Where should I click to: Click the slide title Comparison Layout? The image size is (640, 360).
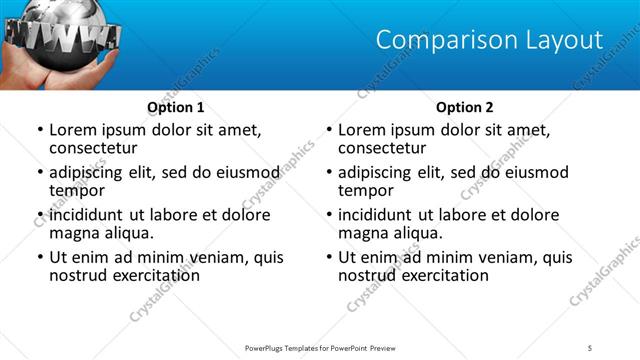(x=489, y=40)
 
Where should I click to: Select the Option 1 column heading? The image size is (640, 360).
(x=176, y=107)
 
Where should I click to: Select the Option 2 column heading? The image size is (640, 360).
(x=465, y=107)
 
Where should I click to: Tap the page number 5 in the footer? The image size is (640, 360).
(x=589, y=347)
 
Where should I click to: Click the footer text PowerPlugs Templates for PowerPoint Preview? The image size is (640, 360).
(x=319, y=347)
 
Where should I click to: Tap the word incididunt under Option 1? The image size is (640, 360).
(x=90, y=215)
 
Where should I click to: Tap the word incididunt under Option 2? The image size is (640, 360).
(x=379, y=215)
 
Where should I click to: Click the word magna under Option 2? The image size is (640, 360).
(x=361, y=233)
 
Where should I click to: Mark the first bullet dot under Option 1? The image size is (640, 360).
(x=39, y=131)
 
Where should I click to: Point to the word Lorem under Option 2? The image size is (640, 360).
(x=360, y=130)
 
